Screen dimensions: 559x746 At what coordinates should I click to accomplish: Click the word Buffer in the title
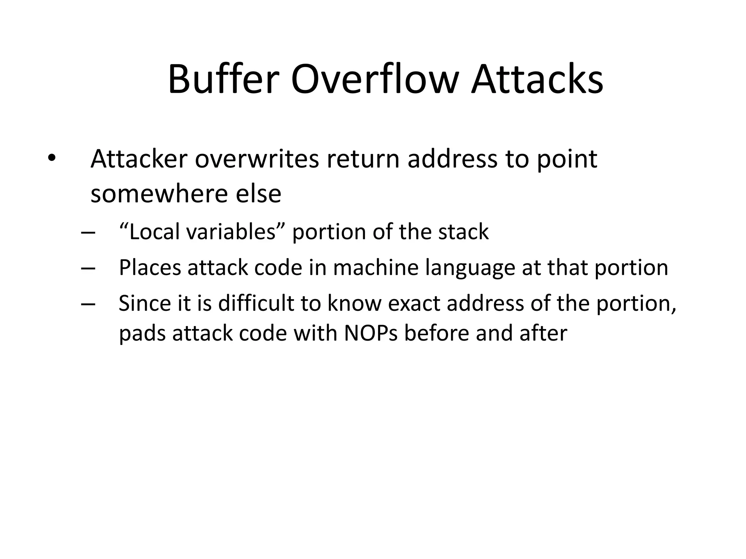tap(223, 80)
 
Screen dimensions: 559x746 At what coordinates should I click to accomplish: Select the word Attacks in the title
tap(537, 80)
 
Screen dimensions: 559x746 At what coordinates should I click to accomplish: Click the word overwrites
tap(257, 159)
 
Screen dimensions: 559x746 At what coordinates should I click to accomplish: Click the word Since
tap(145, 303)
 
